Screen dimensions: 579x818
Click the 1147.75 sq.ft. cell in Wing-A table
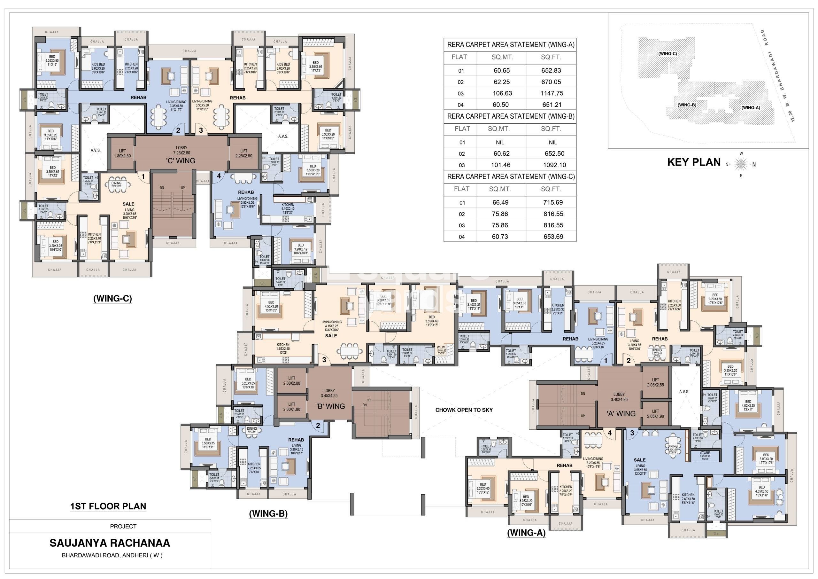[x=552, y=93]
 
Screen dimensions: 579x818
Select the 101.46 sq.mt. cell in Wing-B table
[x=501, y=165]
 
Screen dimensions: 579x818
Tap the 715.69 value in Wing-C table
[x=552, y=202]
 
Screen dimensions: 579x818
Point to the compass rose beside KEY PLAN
[x=741, y=164]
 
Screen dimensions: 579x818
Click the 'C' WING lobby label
[x=181, y=160]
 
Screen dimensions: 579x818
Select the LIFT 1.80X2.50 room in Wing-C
[x=122, y=153]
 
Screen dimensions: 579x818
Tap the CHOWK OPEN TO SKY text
[x=464, y=410]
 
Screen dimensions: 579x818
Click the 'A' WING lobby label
[x=621, y=414]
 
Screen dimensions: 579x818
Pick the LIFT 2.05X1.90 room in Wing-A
[x=656, y=414]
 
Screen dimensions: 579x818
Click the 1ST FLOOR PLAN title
[x=108, y=506]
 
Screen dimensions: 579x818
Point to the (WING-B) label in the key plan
[x=687, y=105]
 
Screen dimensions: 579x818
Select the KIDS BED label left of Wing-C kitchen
[x=98, y=66]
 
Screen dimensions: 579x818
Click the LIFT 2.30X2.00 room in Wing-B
[x=291, y=380]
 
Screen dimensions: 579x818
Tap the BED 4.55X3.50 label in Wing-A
[x=761, y=489]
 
